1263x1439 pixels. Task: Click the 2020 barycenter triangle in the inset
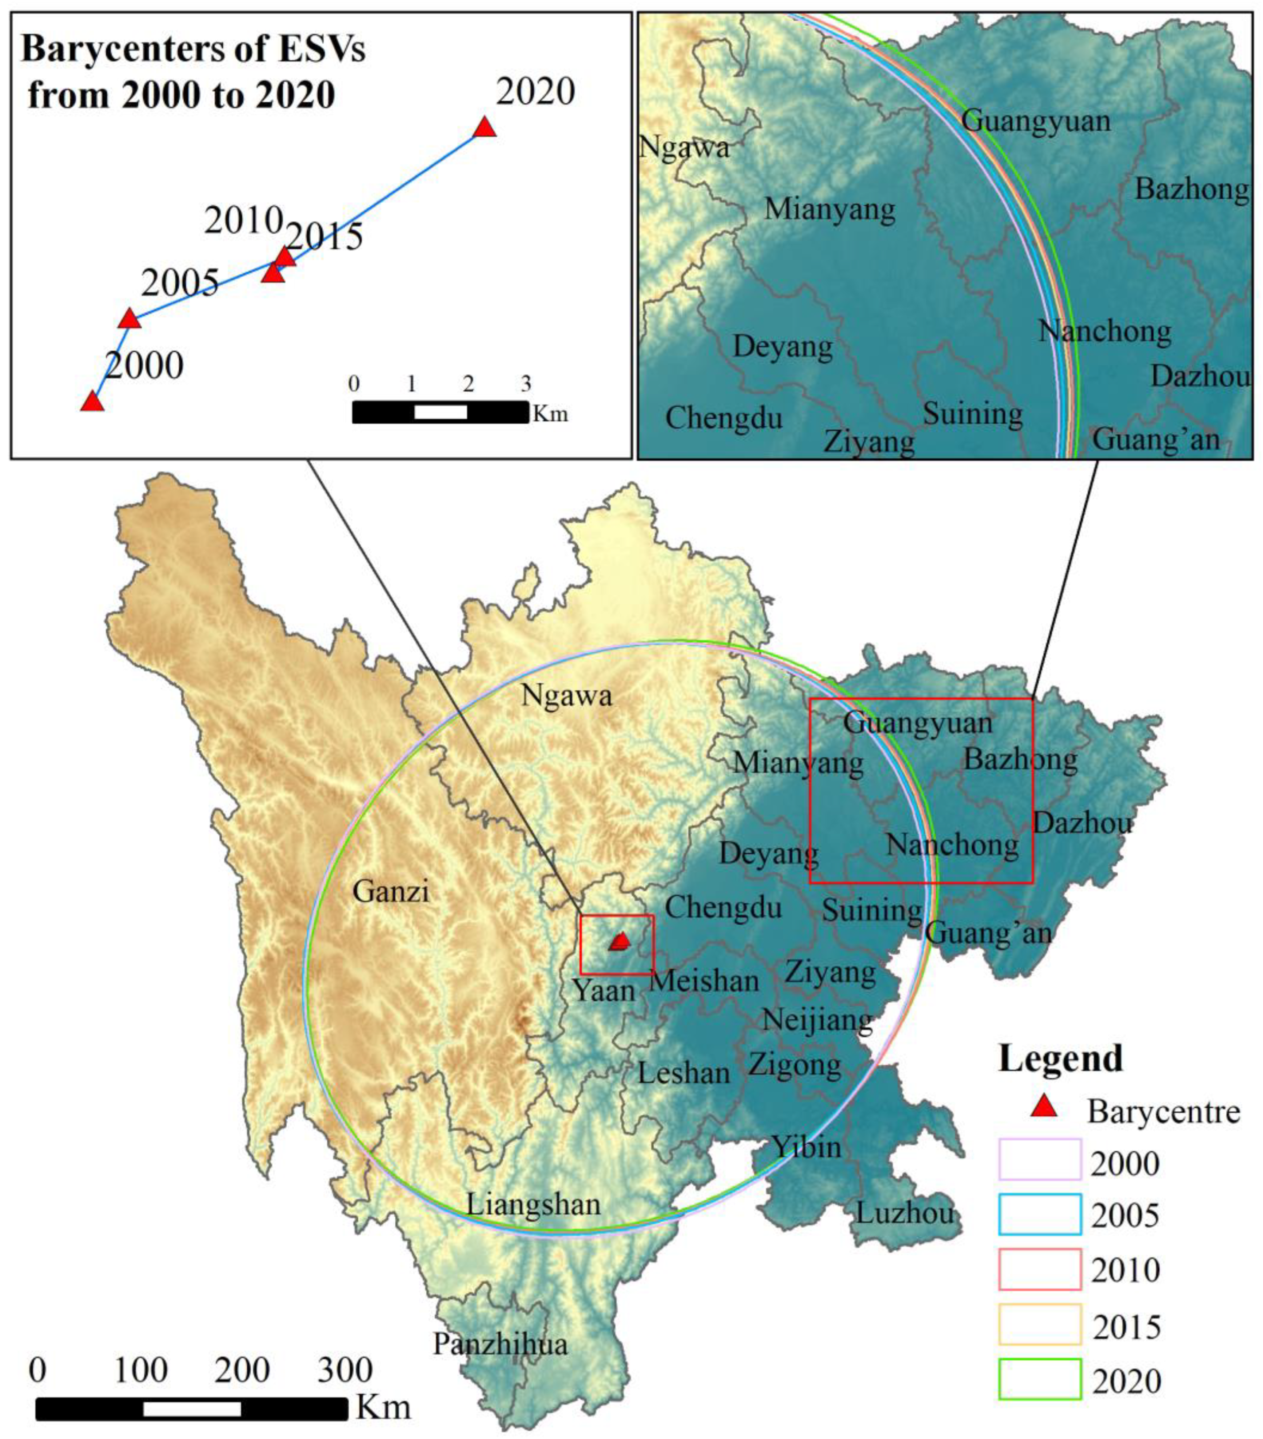coord(484,128)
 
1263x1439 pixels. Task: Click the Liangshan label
coord(533,1204)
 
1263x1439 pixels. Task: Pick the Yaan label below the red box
coord(603,990)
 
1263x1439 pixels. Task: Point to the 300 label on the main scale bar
coord(345,1370)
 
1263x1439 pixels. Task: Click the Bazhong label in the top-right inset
coord(1192,190)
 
